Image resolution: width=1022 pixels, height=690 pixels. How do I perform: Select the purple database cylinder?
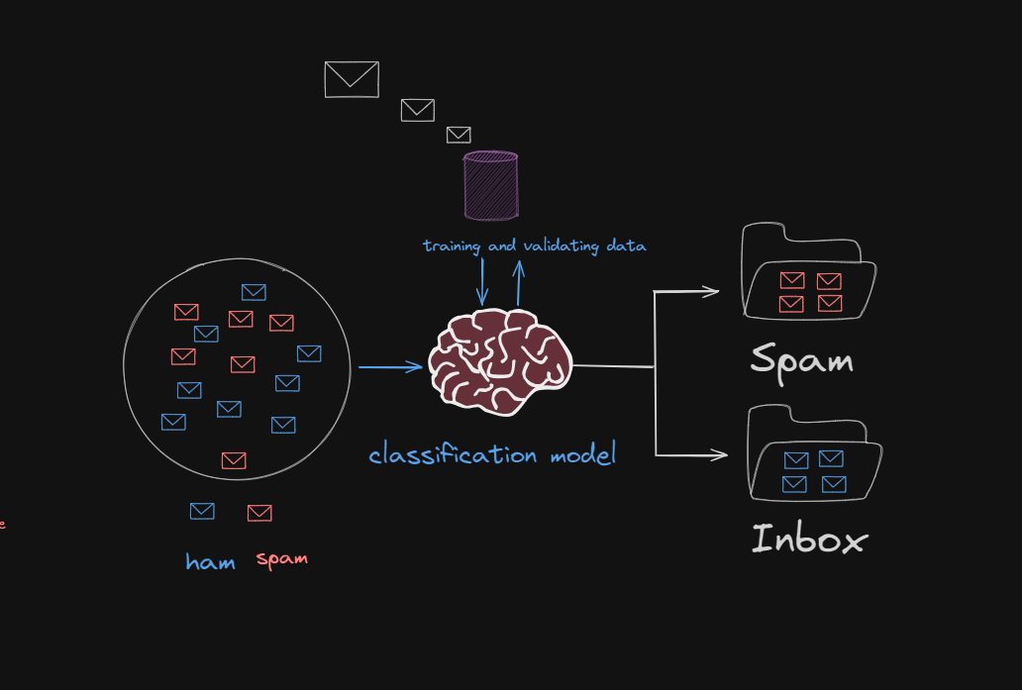point(491,185)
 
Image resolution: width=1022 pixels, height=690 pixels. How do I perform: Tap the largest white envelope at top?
point(352,79)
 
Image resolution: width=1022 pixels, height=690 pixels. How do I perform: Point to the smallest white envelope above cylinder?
point(459,135)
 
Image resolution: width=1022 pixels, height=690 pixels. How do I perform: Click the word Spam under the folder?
point(801,359)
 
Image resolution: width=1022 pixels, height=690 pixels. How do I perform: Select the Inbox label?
point(808,540)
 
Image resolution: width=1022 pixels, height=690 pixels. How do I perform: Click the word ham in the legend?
point(210,562)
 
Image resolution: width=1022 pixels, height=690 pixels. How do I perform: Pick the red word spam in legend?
point(282,559)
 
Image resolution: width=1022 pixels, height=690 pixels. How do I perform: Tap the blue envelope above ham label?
point(202,511)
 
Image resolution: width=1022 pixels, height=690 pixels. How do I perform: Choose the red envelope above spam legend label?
point(259,513)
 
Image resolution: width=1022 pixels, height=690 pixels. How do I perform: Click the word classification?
point(453,455)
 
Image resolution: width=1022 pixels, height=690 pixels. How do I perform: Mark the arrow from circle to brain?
point(390,368)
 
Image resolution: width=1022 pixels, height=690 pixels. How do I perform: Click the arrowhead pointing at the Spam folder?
point(711,291)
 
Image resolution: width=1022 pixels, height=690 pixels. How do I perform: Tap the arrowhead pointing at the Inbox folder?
point(719,456)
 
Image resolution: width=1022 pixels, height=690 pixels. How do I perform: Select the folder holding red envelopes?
point(809,276)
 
